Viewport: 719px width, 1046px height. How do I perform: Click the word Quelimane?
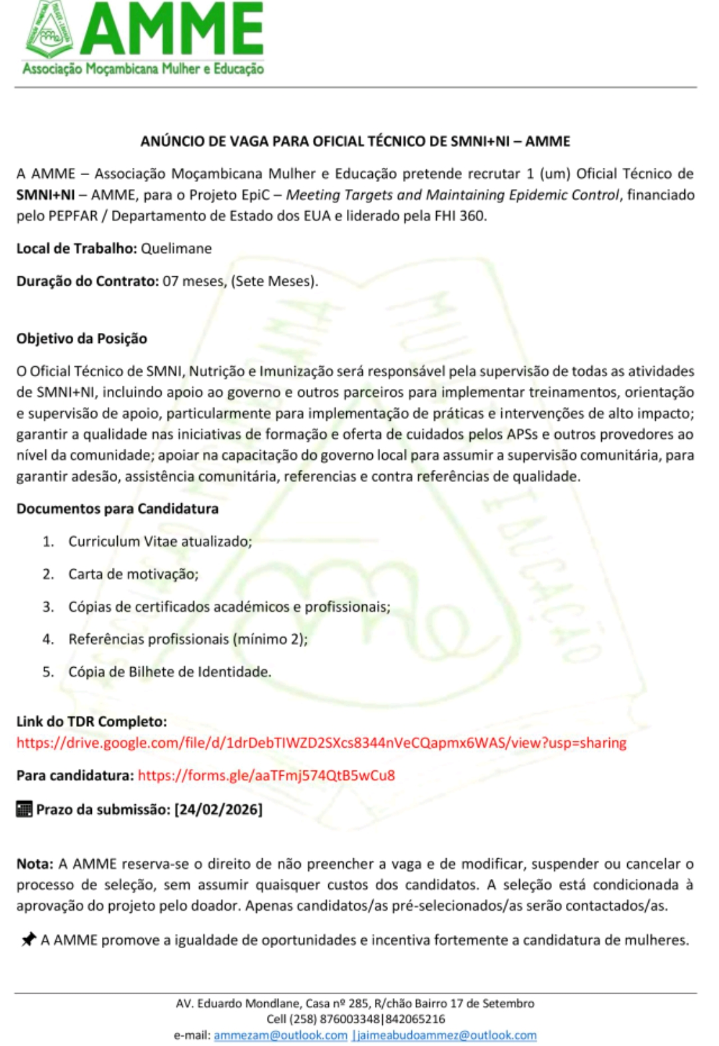(176, 248)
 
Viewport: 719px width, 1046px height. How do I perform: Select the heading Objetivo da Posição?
(82, 338)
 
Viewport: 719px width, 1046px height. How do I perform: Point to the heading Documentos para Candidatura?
(117, 509)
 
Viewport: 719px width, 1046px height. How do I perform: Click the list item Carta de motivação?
(133, 574)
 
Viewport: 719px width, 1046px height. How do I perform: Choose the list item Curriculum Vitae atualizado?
(160, 541)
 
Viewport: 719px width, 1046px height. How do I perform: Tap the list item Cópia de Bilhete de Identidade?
(170, 672)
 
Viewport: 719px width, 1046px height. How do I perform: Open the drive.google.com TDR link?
(321, 742)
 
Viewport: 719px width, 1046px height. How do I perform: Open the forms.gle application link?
(266, 775)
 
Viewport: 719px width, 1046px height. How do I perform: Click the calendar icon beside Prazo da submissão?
(24, 810)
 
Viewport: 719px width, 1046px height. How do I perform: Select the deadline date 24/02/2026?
(218, 810)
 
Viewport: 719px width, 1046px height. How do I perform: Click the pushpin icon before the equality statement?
(29, 939)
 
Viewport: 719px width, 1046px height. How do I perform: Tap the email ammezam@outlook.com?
(280, 1035)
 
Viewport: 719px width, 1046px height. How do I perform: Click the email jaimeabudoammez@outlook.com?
(446, 1035)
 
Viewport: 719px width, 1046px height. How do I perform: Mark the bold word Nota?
(34, 864)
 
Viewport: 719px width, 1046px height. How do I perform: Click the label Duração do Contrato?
(87, 281)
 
